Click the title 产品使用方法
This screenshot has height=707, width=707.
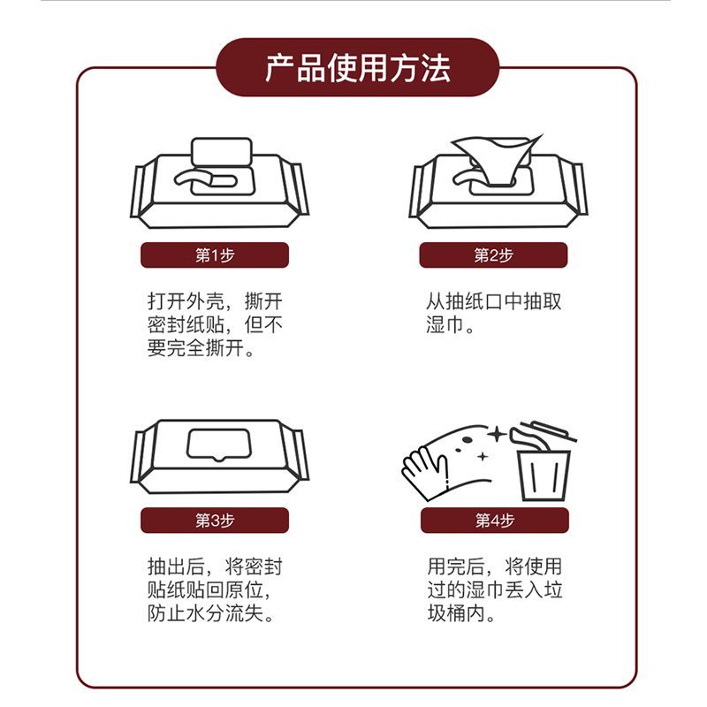tap(358, 69)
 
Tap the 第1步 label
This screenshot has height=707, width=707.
tap(215, 255)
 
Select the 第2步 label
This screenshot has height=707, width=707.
tap(493, 255)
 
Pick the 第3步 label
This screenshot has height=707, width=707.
tap(215, 521)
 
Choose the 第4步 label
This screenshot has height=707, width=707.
tap(495, 521)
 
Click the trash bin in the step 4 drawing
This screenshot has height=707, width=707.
tap(544, 475)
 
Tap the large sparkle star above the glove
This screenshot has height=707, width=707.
tap(498, 434)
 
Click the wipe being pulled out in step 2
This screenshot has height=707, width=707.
tap(497, 159)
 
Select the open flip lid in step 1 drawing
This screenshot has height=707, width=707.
tap(222, 152)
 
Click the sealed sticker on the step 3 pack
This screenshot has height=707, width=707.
tap(218, 445)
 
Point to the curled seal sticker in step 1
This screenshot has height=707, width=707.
tap(205, 179)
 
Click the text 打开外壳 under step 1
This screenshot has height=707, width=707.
tap(186, 301)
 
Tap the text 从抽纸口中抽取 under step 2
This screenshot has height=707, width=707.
tap(494, 301)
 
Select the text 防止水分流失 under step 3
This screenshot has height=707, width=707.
tap(205, 612)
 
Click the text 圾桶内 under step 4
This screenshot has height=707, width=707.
tap(456, 612)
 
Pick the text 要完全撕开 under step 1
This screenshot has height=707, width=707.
tap(195, 347)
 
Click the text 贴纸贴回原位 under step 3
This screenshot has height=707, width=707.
tap(205, 589)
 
